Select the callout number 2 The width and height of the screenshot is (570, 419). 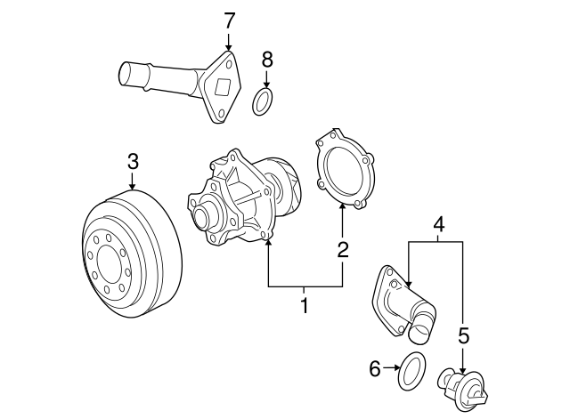click(342, 250)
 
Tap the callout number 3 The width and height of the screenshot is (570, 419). click(132, 161)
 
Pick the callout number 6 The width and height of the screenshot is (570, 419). click(374, 367)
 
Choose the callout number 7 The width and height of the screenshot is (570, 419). click(229, 19)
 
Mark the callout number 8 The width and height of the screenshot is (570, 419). click(265, 60)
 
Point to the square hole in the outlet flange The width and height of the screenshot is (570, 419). click(222, 87)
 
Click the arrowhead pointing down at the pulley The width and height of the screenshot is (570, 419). click(132, 186)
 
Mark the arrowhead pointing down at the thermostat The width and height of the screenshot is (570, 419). click(462, 365)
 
